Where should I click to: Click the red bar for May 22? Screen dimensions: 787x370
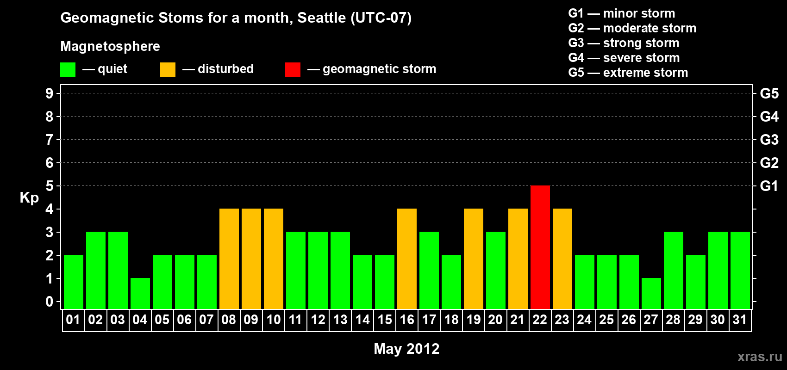coord(540,247)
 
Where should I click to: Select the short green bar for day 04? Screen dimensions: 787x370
coord(140,294)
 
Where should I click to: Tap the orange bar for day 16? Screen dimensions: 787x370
coord(407,259)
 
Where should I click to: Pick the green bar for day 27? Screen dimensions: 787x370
coord(651,294)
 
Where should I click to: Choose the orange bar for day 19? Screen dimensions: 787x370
coord(474,259)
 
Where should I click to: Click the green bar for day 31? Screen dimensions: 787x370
coord(740,270)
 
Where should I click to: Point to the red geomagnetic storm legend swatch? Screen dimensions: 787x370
coord(293,69)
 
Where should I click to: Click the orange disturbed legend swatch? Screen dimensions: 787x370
coord(168,69)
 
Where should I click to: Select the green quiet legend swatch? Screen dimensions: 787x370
coord(68,69)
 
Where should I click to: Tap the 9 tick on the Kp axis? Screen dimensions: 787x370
coord(49,93)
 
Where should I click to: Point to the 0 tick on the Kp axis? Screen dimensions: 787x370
coord(49,302)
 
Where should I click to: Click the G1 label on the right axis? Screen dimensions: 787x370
coord(769,186)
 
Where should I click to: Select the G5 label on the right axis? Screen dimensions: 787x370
coord(769,93)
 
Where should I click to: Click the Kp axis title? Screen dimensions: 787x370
coord(29,198)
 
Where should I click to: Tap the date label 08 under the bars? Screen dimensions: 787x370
coord(229,320)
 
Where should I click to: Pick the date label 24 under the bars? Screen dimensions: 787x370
coord(584,320)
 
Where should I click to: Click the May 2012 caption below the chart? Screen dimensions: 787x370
coord(406,349)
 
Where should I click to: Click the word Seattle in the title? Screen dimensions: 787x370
coord(321,18)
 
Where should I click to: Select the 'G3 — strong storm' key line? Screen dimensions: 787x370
coord(624,43)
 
